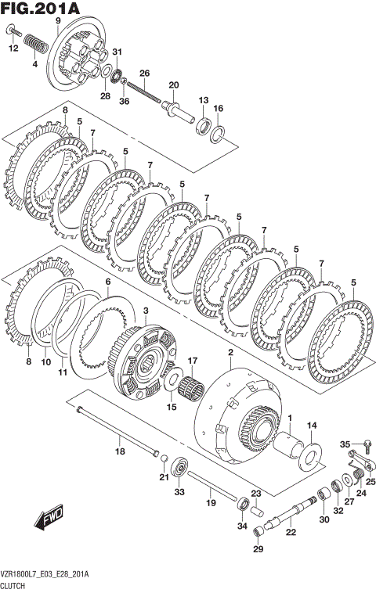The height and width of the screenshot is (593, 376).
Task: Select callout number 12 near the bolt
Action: tap(13, 49)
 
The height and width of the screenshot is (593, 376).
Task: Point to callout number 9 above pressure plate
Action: tap(57, 20)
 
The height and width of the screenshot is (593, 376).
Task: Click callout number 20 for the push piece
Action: tap(173, 85)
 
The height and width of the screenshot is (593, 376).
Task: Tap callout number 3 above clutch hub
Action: tap(146, 311)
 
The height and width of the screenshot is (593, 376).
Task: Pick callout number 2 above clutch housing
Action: tap(230, 353)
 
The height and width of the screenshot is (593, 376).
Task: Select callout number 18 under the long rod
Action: tap(119, 451)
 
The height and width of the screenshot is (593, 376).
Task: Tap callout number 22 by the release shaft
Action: tap(291, 533)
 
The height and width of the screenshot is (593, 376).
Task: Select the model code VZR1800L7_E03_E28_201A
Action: tap(45, 574)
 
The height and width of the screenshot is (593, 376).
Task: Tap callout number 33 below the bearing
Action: tap(179, 492)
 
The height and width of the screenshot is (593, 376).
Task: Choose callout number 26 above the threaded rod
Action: tap(143, 73)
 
